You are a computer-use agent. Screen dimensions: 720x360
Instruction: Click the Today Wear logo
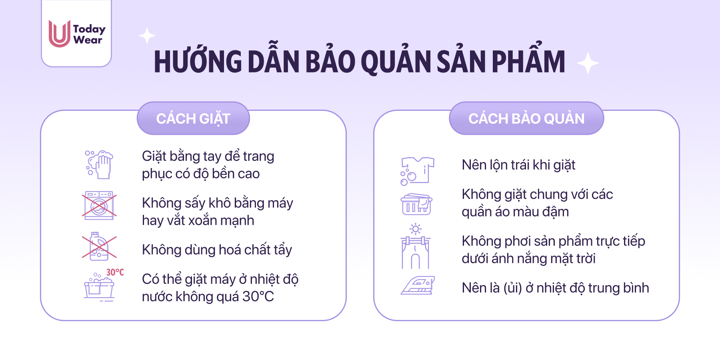(x=77, y=34)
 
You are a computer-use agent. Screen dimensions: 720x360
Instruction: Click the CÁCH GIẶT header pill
(x=193, y=118)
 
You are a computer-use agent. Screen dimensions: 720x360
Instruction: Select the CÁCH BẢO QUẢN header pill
(x=526, y=118)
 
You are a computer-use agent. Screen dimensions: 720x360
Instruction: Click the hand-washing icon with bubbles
(x=99, y=164)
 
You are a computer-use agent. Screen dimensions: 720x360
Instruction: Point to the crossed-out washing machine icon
(x=99, y=206)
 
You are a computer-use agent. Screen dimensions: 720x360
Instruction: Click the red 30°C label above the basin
(x=115, y=272)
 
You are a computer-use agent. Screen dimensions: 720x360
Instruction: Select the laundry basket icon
(x=416, y=204)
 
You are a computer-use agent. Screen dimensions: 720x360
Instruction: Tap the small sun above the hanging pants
(x=416, y=229)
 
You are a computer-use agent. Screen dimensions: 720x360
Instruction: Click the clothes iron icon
(x=418, y=286)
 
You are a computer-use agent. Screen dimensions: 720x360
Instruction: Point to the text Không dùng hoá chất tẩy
(x=217, y=250)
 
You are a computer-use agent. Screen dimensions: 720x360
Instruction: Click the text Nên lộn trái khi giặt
(x=518, y=165)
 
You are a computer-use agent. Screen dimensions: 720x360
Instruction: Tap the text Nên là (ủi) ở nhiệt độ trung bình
(x=555, y=288)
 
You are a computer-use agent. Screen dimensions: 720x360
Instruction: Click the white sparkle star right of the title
(x=588, y=63)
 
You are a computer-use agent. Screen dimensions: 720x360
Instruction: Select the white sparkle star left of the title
(x=147, y=36)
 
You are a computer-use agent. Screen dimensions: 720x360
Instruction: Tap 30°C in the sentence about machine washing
(x=258, y=296)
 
